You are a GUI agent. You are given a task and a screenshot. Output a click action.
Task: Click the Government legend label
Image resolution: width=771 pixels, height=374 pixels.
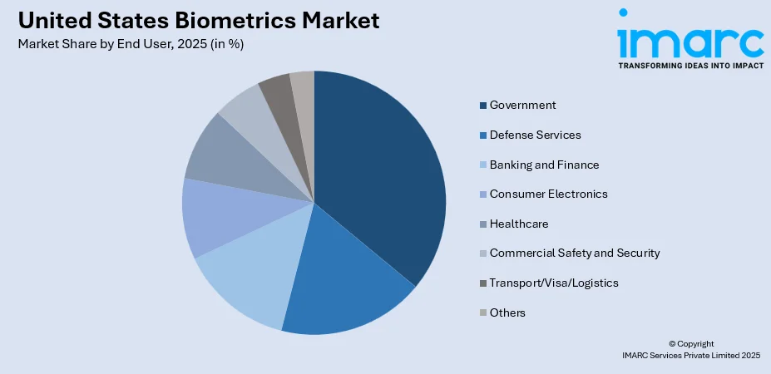pyautogui.click(x=522, y=105)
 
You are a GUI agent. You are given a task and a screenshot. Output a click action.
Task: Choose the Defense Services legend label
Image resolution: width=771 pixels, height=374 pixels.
pyautogui.click(x=535, y=135)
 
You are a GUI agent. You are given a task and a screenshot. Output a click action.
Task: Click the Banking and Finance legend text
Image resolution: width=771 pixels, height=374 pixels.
pyautogui.click(x=544, y=165)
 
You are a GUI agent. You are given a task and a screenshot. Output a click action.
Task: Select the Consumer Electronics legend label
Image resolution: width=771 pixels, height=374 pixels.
pyautogui.click(x=548, y=194)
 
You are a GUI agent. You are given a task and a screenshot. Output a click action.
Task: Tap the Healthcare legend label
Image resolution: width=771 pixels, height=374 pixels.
pyautogui.click(x=519, y=224)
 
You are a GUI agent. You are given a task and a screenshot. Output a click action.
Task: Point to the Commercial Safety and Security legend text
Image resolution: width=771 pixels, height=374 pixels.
pyautogui.click(x=574, y=253)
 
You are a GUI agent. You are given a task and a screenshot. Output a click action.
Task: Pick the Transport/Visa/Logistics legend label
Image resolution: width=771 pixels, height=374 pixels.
pyautogui.click(x=554, y=283)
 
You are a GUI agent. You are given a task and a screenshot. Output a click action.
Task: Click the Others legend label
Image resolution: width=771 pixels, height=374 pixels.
pyautogui.click(x=507, y=312)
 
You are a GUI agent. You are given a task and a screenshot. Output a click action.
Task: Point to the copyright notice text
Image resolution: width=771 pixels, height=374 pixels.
pyautogui.click(x=690, y=349)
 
